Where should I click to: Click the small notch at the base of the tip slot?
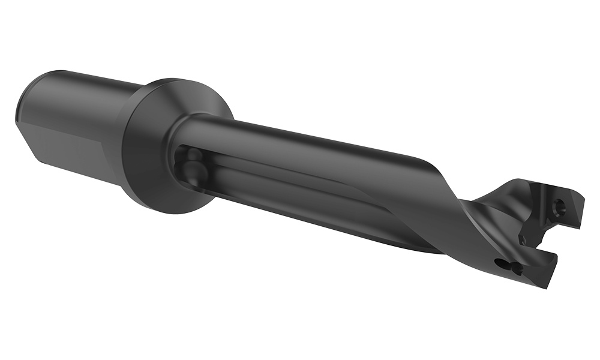click(x=523, y=240)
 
